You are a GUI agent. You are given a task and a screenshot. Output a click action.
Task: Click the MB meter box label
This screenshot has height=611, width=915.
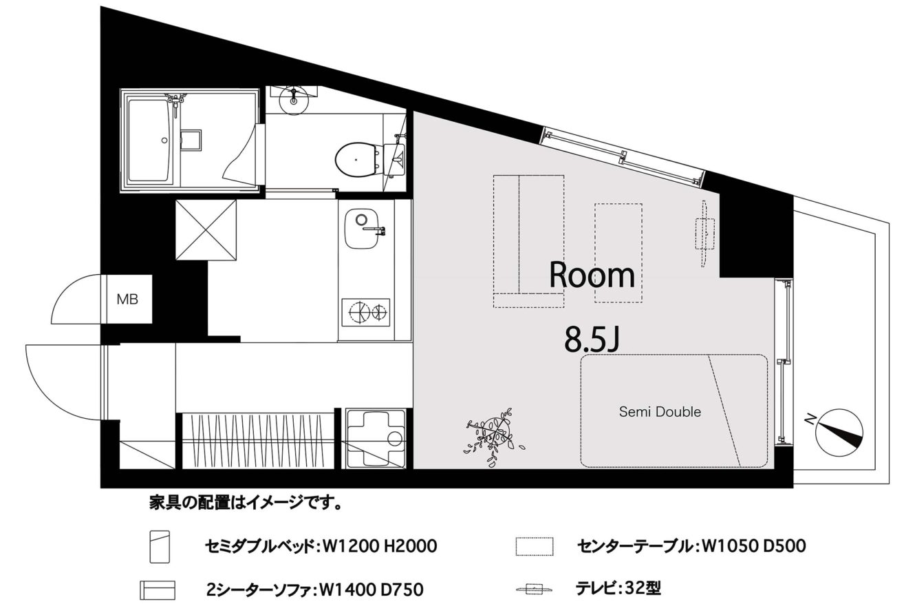click(127, 300)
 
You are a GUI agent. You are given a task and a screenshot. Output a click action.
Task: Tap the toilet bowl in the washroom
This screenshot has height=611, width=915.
click(356, 159)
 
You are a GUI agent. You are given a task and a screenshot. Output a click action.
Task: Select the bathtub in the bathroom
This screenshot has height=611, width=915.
click(150, 141)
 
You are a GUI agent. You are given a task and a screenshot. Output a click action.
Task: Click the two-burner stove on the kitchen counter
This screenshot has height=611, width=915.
click(366, 312)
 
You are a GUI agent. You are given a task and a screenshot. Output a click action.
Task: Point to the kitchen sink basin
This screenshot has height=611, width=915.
click(361, 229)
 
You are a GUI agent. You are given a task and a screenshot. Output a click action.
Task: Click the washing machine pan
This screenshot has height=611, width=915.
click(376, 438)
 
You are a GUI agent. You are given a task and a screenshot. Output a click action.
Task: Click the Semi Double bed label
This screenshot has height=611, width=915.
click(660, 411)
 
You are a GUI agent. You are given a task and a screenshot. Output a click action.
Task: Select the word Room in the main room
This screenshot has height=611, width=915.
click(592, 276)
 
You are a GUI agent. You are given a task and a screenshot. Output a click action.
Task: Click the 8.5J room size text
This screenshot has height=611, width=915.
click(592, 340)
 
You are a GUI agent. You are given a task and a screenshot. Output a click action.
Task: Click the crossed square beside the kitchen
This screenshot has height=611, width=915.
click(206, 229)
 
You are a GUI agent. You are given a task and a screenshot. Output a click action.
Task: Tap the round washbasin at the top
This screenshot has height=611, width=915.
click(293, 99)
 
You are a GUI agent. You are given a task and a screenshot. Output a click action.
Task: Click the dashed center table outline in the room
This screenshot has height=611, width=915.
click(618, 253)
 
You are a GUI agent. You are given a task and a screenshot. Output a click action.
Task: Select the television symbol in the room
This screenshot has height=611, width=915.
click(705, 234)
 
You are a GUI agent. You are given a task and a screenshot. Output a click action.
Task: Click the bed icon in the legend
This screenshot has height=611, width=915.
click(160, 546)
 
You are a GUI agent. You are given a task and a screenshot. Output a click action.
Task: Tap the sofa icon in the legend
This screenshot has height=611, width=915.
click(158, 590)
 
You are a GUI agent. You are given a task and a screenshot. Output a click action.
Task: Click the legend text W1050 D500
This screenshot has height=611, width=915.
click(753, 546)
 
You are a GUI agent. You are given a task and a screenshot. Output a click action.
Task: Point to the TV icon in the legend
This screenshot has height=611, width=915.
click(535, 590)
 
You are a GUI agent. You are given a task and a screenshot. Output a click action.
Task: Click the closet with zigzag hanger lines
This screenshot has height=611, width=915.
click(257, 441)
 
